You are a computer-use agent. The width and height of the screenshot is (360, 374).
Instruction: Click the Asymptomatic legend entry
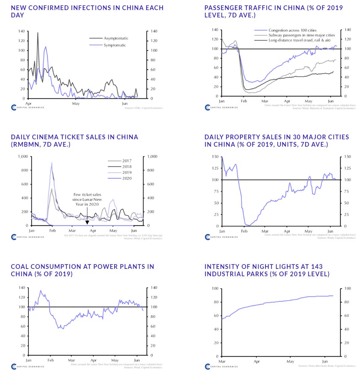coord(116,38)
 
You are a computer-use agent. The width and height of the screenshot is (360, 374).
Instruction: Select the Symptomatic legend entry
coord(115,45)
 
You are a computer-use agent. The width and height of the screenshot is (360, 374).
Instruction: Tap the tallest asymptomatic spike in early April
coord(38,33)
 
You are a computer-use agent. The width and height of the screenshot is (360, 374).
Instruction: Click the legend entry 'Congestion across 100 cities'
coord(292,30)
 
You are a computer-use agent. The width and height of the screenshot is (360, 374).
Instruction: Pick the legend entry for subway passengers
coord(301,35)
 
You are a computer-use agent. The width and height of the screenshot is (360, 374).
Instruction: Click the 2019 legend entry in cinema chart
coord(127,172)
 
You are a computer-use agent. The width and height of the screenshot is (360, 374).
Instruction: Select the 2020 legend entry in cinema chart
coord(127,178)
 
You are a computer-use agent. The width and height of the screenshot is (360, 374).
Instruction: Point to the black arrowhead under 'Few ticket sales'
coord(87,222)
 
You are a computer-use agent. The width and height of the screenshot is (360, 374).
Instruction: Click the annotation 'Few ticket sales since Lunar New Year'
coord(87,199)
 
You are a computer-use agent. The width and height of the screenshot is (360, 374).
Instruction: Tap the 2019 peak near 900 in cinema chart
coord(52,163)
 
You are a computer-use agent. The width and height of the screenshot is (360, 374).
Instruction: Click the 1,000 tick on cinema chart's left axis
coord(23,156)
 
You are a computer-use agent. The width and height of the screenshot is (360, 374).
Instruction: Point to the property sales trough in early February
coord(248,225)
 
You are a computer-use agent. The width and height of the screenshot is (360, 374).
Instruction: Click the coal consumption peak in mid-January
coord(41,291)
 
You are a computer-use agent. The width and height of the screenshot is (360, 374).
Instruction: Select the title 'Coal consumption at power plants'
coord(82,270)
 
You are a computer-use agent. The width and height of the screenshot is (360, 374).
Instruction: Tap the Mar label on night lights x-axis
coord(222,361)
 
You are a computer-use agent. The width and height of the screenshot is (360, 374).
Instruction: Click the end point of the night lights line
coord(333,296)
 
